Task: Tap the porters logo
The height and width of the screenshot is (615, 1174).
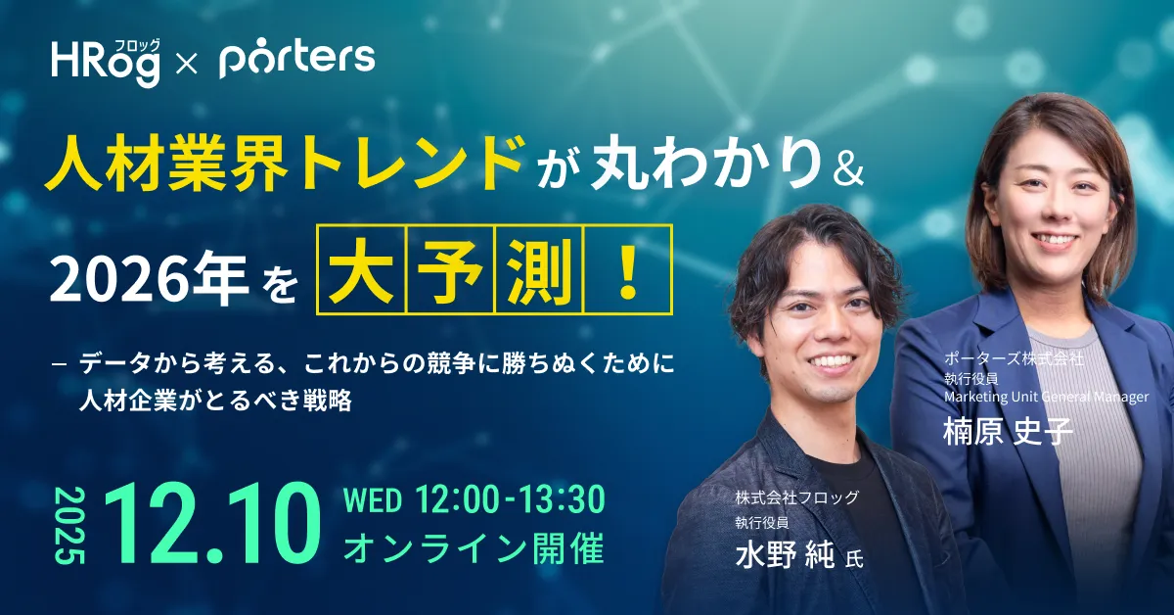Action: (x=297, y=60)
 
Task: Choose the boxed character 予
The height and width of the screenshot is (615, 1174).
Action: (x=452, y=268)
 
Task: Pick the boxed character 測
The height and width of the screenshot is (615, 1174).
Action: (x=539, y=268)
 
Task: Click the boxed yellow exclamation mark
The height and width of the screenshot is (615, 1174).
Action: (x=627, y=268)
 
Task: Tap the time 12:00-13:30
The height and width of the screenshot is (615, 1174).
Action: (x=510, y=499)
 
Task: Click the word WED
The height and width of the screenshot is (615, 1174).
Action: (x=373, y=500)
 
